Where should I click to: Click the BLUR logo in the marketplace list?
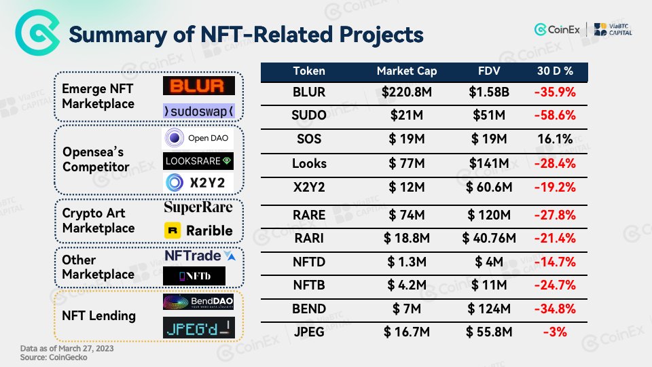pos(198,86)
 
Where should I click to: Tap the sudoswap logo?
pos(198,110)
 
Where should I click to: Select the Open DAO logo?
pos(198,139)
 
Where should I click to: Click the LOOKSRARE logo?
pos(198,160)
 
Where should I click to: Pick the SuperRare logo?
pos(198,207)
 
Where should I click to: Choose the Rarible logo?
pos(198,230)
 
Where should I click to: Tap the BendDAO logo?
pos(198,303)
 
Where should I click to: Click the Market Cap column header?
pos(407,71)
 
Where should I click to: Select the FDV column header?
pos(484,71)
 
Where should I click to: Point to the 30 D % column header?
pos(554,71)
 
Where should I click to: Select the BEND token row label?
pos(309,309)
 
